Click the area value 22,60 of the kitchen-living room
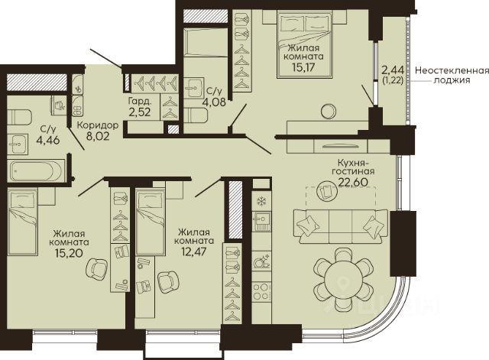coord(353,182)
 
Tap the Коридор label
coord(98,125)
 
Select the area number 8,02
coord(98,136)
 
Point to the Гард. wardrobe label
coord(140,102)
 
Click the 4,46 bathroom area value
coord(48,140)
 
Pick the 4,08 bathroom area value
coord(214,102)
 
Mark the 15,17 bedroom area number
coord(303,67)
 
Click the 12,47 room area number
coord(194,251)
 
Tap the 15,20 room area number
coord(69,253)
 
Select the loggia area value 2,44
coord(393,70)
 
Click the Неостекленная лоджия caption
coord(452,75)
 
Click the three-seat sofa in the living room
coord(341,225)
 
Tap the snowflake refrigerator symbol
coord(261,202)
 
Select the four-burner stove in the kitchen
coord(261,291)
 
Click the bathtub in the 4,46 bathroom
coord(37,170)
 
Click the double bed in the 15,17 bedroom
coord(305,44)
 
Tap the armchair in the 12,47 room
coord(168,282)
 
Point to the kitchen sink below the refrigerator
coord(261,221)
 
